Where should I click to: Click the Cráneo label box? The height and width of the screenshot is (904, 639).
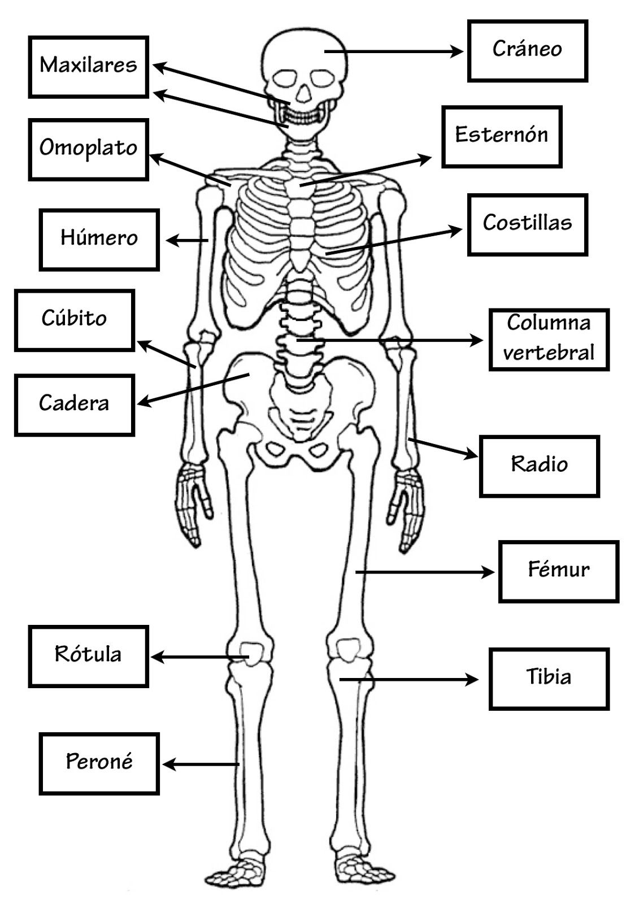pyautogui.click(x=527, y=51)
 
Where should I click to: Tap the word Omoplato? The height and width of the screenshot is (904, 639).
pyautogui.click(x=88, y=149)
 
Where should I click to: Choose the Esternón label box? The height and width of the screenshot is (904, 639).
pyautogui.click(x=502, y=136)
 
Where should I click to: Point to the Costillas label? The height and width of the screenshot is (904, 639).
pyautogui.click(x=527, y=224)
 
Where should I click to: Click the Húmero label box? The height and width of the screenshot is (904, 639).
pyautogui.click(x=99, y=240)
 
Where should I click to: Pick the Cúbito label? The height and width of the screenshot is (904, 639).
pyautogui.click(x=74, y=320)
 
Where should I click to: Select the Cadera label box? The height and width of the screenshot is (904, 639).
pyautogui.click(x=74, y=405)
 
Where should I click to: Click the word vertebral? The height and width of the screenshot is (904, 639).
pyautogui.click(x=549, y=353)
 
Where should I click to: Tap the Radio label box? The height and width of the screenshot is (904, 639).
pyautogui.click(x=539, y=466)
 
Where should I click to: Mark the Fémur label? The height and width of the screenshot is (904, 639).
pyautogui.click(x=558, y=571)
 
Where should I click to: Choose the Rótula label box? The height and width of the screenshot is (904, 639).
pyautogui.click(x=88, y=656)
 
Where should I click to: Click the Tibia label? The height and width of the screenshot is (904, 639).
pyautogui.click(x=549, y=679)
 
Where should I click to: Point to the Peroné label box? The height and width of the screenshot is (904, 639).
pyautogui.click(x=99, y=763)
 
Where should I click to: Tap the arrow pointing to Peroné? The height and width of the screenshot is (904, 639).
pyautogui.click(x=201, y=764)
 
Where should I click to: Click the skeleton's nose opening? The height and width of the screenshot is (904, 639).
pyautogui.click(x=303, y=93)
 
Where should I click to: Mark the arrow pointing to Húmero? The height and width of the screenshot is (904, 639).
pyautogui.click(x=188, y=241)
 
